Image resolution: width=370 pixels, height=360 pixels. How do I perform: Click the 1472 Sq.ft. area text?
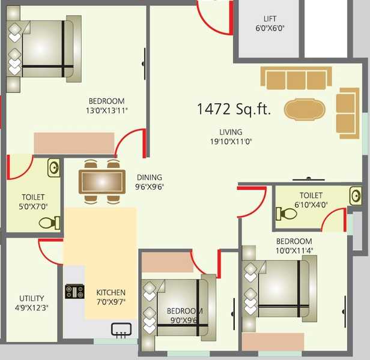(234, 109)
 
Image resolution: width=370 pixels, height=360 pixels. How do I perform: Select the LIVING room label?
(230, 132)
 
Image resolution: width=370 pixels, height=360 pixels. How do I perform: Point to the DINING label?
(150, 177)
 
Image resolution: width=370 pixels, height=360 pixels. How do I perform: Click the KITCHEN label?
(111, 293)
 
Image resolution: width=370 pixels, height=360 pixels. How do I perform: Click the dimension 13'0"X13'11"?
(106, 110)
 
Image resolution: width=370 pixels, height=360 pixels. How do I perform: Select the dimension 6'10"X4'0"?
(311, 205)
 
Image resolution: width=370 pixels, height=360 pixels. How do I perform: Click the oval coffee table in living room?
(304, 109)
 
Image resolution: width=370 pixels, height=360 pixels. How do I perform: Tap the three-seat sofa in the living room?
(296, 79)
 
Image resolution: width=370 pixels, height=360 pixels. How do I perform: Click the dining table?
(102, 181)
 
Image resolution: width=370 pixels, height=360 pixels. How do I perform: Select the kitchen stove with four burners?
(75, 292)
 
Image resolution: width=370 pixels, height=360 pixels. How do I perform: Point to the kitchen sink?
(121, 328)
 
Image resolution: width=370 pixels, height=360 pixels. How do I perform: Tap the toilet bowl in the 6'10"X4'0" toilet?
(286, 214)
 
